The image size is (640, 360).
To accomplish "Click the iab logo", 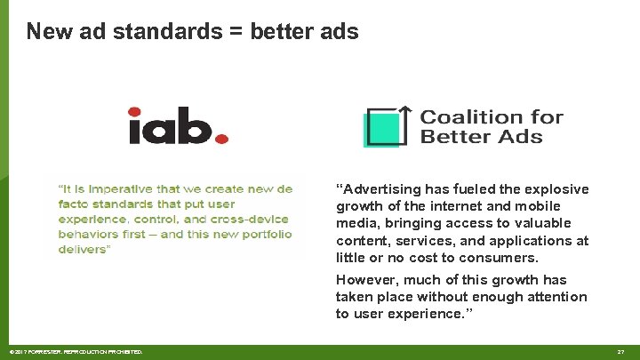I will (x=178, y=126).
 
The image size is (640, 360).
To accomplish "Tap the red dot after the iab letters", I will (x=222, y=138).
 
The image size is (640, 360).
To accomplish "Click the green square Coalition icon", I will (x=385, y=127).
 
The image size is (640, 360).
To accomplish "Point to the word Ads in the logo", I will (x=524, y=137).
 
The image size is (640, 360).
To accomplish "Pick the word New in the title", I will (x=45, y=32).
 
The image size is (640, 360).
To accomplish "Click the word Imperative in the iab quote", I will (x=122, y=188).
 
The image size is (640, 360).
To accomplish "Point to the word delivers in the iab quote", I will (x=83, y=250).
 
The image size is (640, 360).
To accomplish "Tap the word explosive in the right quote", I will (x=556, y=189).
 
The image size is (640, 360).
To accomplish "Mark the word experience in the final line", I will (x=422, y=314).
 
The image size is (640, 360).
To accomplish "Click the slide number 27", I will (x=620, y=352).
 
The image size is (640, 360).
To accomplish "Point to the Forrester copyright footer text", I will (x=76, y=352).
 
